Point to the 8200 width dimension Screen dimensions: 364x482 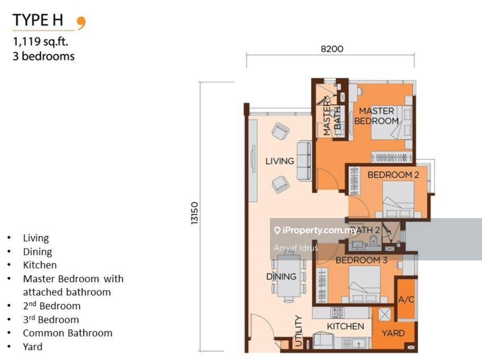click(x=332, y=49)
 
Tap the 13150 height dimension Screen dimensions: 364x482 click(x=194, y=214)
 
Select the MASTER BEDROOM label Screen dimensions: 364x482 click(x=376, y=116)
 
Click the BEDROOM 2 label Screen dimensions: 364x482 click(x=393, y=175)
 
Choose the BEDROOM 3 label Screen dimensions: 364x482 click(x=361, y=260)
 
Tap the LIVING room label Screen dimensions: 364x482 click(x=280, y=161)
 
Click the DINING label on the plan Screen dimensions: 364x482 click(x=281, y=277)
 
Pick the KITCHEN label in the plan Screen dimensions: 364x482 click(x=345, y=326)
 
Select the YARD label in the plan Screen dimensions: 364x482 click(x=393, y=333)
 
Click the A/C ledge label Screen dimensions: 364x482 click(x=406, y=300)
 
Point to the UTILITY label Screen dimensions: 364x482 click(x=298, y=331)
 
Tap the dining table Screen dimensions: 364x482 click(x=288, y=277)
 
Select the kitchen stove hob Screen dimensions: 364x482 click(x=337, y=312)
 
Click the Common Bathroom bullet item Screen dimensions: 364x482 click(x=67, y=333)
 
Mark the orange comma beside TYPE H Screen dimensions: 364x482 click(x=81, y=23)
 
